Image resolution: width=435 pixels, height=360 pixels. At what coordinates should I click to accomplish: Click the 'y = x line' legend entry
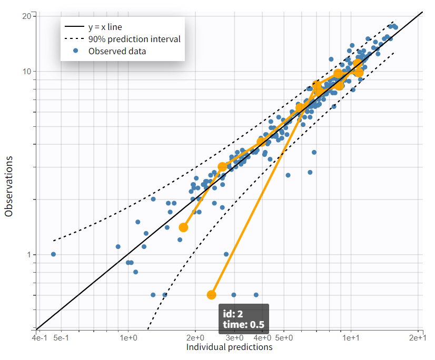[x=105, y=26]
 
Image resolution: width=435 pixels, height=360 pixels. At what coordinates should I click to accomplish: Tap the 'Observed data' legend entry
[x=117, y=51]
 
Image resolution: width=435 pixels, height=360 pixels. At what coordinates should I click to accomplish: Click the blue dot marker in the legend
[x=76, y=51]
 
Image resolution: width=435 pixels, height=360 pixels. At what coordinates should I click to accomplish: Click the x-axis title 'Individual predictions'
[x=230, y=347]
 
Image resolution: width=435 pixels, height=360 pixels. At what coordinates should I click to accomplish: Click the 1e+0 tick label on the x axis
[x=128, y=337]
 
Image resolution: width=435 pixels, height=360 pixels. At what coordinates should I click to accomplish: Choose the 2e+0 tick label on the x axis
[x=195, y=337]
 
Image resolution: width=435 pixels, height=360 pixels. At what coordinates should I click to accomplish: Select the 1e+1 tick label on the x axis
[x=351, y=337]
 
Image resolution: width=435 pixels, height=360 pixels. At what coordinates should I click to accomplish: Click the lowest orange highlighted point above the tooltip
[x=212, y=295]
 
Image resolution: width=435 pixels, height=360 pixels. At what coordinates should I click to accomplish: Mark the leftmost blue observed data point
[x=53, y=254]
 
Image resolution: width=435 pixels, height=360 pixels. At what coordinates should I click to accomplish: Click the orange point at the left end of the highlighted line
[x=183, y=227]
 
